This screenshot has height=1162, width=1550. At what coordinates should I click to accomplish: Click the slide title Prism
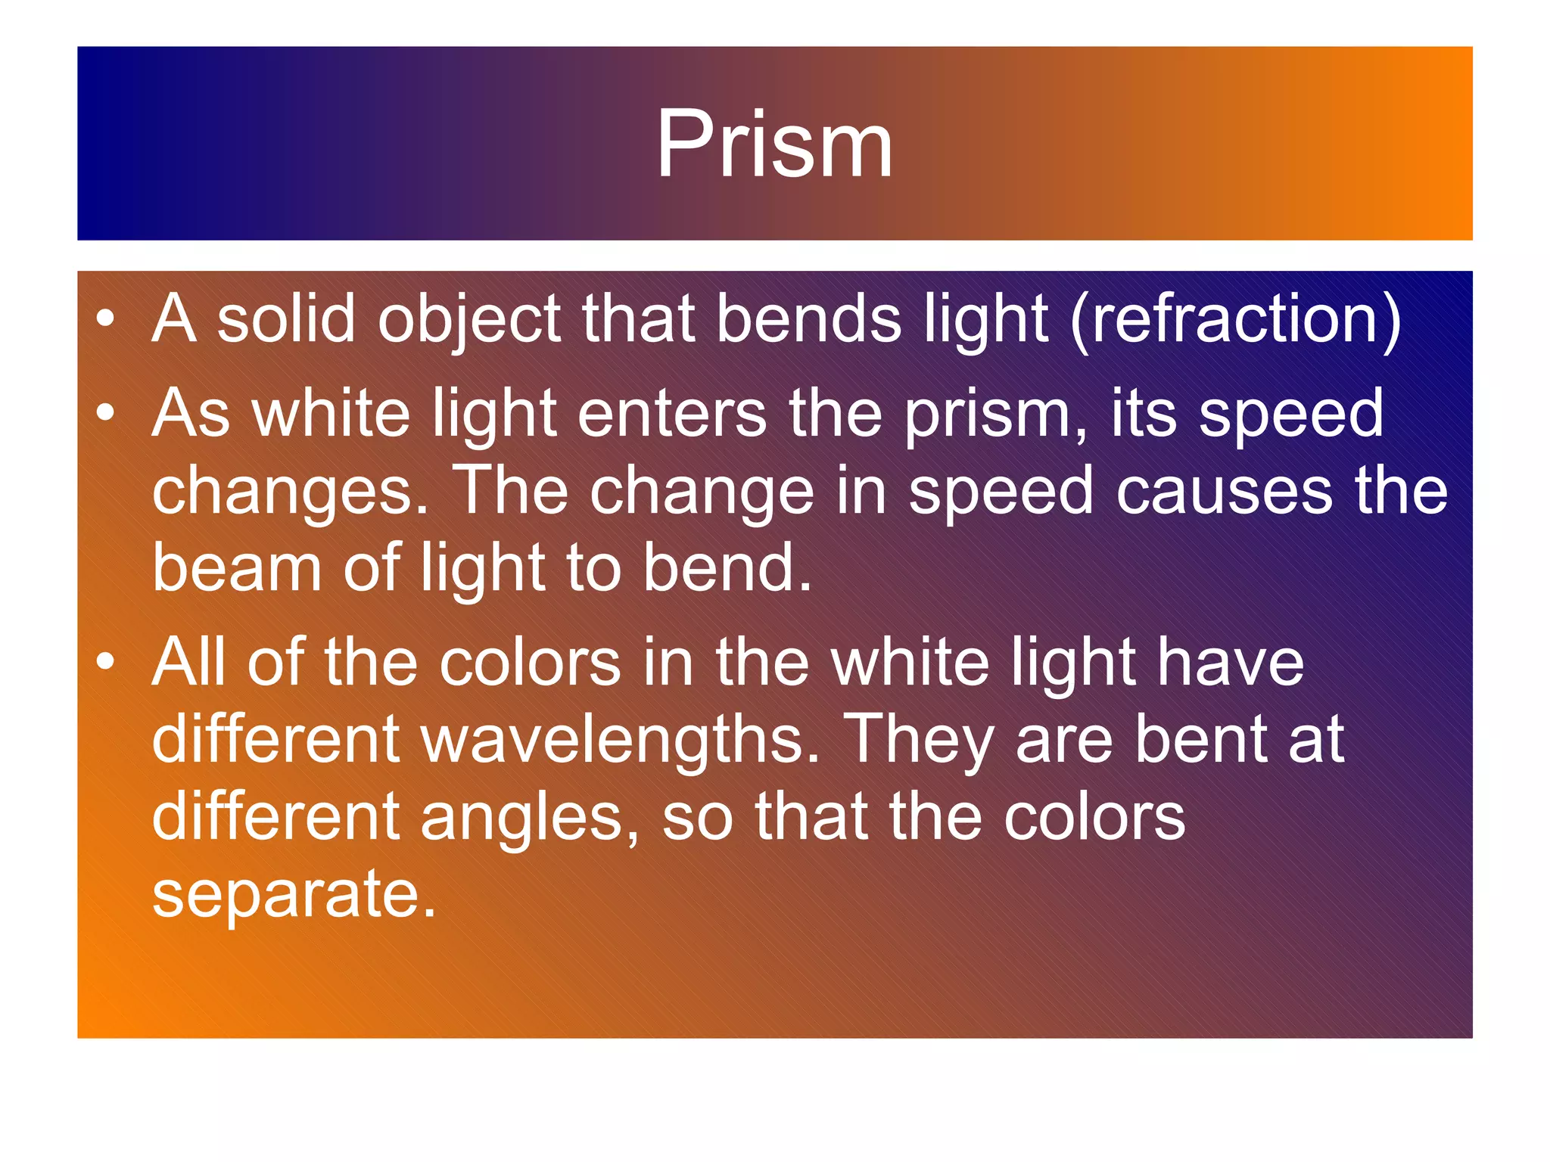pos(774,144)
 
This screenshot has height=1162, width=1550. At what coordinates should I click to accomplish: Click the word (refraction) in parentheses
pos(1236,320)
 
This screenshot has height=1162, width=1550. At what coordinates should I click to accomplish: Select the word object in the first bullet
pos(469,320)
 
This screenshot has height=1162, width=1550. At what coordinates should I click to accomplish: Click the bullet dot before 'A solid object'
pos(106,318)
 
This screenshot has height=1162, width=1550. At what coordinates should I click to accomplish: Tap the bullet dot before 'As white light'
pos(106,413)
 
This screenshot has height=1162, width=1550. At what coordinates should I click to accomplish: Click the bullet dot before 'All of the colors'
pos(106,662)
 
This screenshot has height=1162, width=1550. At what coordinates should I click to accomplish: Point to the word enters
pos(672,415)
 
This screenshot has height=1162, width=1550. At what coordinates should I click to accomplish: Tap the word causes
pos(1225,492)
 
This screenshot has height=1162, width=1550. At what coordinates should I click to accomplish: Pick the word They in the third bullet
pos(917,740)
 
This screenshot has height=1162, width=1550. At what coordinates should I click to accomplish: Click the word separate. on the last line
pos(294,894)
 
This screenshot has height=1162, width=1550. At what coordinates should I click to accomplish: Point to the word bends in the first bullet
pos(808,318)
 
